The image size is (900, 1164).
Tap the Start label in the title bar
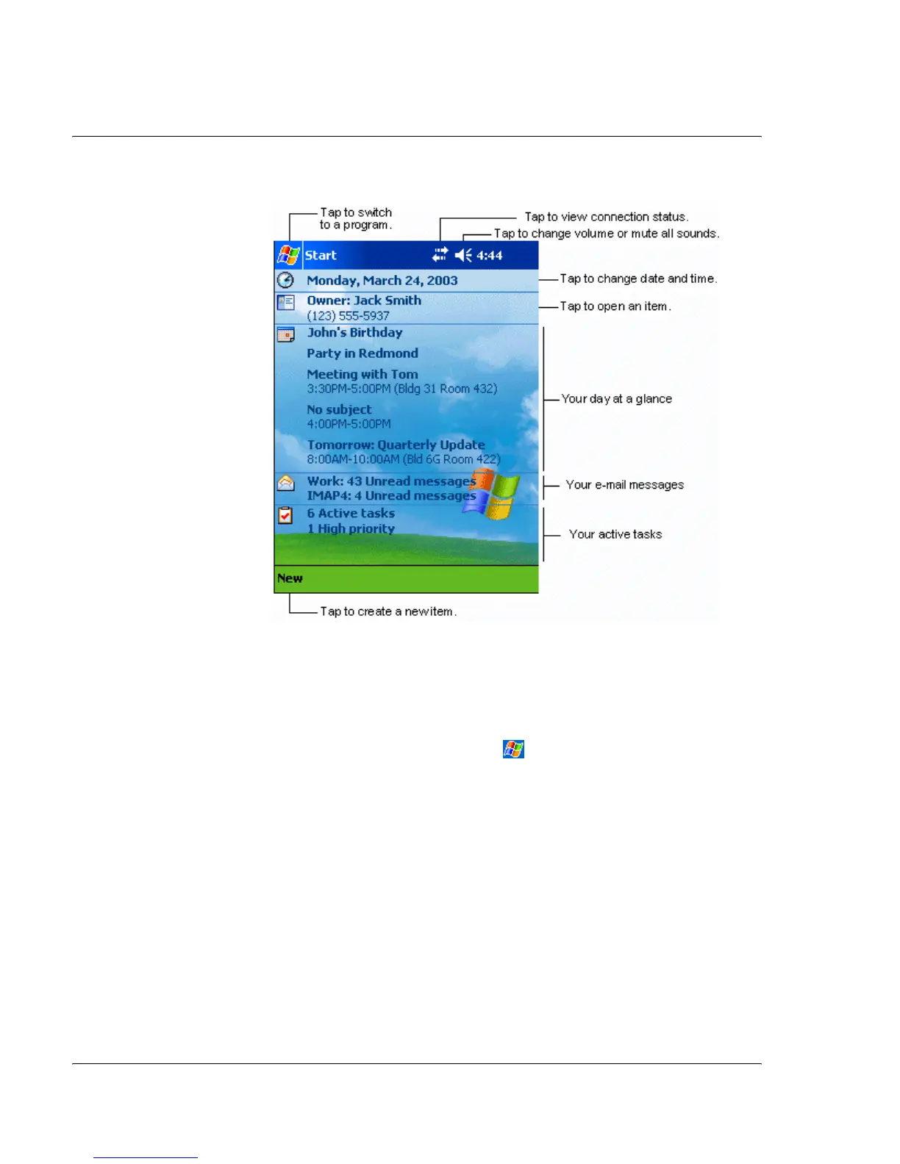(321, 256)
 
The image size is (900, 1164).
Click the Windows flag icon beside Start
(287, 255)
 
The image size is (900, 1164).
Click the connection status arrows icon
(440, 255)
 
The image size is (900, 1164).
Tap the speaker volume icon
(463, 255)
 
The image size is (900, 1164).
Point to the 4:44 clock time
(490, 256)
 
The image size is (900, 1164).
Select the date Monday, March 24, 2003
(382, 281)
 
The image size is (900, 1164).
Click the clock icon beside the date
(285, 280)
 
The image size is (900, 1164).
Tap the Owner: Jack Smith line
(364, 301)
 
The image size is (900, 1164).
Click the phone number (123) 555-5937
(348, 316)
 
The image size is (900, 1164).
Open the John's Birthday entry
(354, 333)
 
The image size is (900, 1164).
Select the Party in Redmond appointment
(362, 353)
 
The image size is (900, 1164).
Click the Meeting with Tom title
(362, 375)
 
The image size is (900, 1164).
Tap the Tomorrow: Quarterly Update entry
(396, 445)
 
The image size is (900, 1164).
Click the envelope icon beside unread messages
(285, 483)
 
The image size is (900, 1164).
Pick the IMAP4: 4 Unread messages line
(391, 496)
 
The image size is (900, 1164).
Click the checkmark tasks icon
(285, 516)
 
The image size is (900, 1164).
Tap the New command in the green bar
(290, 578)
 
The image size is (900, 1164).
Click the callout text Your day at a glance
(616, 399)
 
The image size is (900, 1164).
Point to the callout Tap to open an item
(615, 306)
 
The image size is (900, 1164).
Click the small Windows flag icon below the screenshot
(513, 750)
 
